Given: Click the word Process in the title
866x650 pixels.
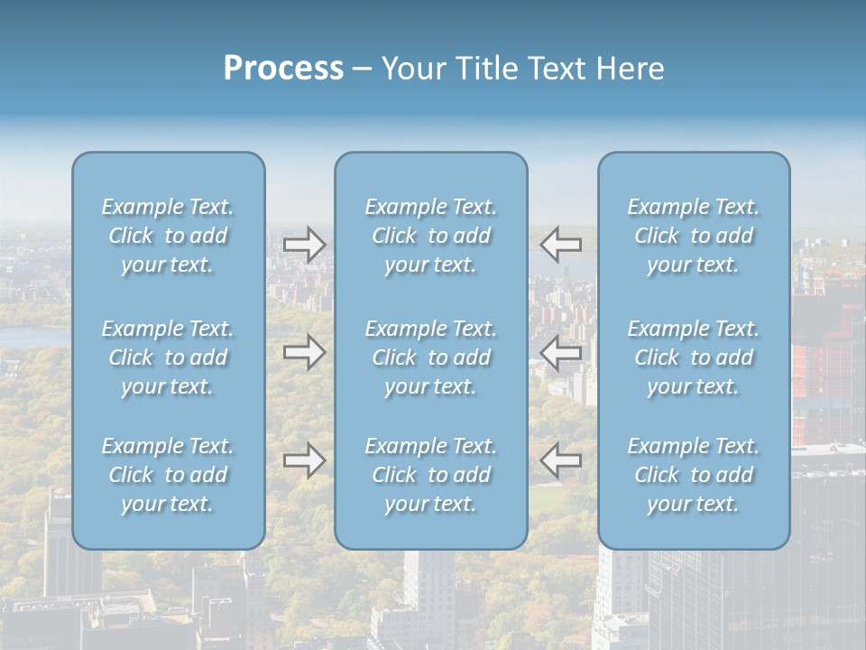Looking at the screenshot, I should coord(283,69).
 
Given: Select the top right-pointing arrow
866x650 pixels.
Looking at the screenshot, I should coord(304,245).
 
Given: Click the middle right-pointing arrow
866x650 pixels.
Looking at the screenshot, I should coord(304,352).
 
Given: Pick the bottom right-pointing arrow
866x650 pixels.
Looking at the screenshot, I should coord(304,460).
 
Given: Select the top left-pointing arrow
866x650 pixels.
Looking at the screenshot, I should coord(560,245).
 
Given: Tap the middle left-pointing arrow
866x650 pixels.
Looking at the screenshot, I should coord(560,352).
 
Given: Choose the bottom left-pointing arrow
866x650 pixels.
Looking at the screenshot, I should coord(560,460).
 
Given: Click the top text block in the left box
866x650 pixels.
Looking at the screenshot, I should coord(168,236).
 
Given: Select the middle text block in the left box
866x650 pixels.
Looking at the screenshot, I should coord(168,357).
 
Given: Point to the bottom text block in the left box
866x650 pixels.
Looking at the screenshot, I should coord(168,475).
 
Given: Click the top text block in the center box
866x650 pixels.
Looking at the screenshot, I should coord(431,236).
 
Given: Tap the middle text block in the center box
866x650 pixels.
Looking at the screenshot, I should coord(431,357).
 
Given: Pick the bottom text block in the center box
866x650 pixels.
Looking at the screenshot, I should coord(431,475).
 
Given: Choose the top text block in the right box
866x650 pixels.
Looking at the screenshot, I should coord(694,236).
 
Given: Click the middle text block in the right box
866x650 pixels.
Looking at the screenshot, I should coord(694,357).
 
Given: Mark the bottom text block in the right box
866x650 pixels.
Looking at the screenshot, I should coord(694,475).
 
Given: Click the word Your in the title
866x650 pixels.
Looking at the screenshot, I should coord(414,69).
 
